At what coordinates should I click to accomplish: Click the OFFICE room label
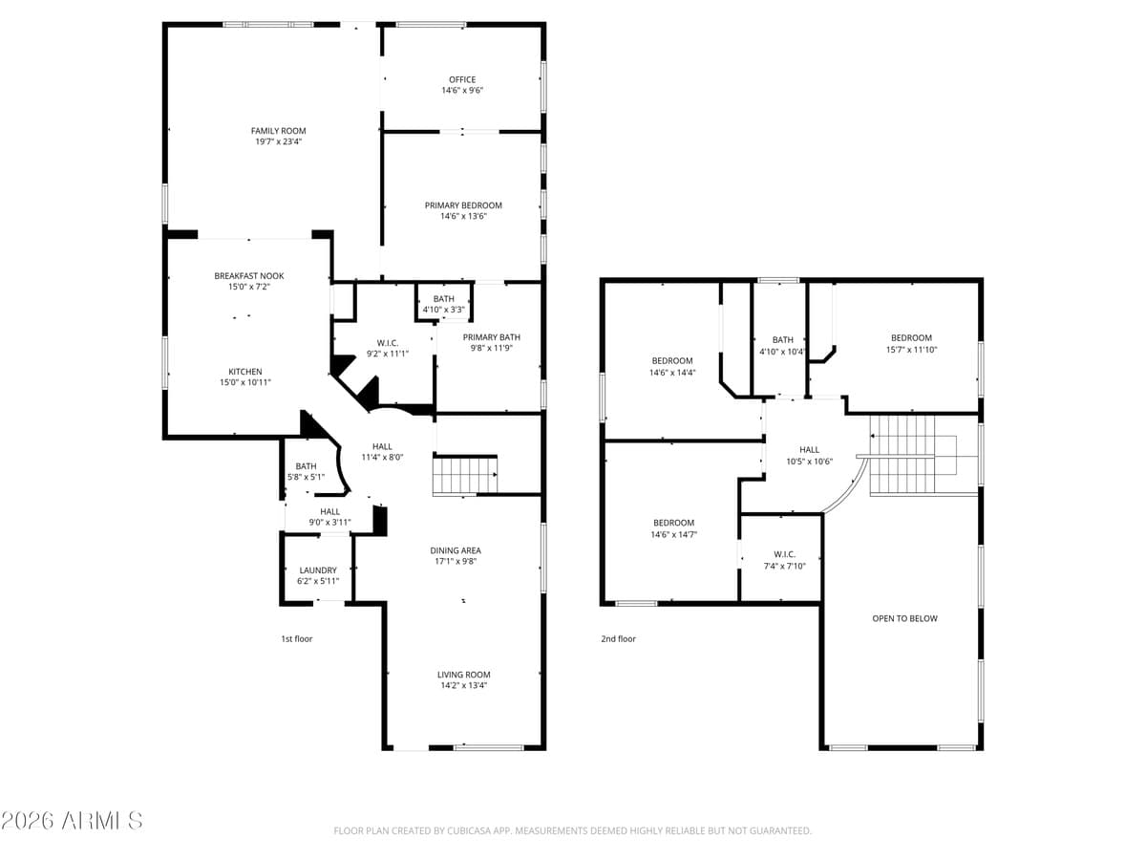pyautogui.click(x=462, y=80)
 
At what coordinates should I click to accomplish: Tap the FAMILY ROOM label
pyautogui.click(x=279, y=131)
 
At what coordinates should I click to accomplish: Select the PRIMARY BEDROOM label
pyautogui.click(x=463, y=205)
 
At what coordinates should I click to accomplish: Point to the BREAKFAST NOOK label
pyautogui.click(x=248, y=276)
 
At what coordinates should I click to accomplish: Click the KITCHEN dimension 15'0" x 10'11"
pyautogui.click(x=245, y=383)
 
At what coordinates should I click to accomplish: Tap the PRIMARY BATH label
pyautogui.click(x=491, y=337)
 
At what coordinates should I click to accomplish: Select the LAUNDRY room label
pyautogui.click(x=318, y=570)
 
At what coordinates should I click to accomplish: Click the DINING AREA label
pyautogui.click(x=456, y=550)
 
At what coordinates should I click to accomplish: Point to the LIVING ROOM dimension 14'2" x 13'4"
pyautogui.click(x=463, y=686)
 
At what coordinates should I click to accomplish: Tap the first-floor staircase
pyautogui.click(x=465, y=476)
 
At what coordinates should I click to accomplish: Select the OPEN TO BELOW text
pyautogui.click(x=904, y=618)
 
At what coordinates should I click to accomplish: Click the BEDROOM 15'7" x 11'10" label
pyautogui.click(x=911, y=338)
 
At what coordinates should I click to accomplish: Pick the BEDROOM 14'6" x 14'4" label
pyautogui.click(x=672, y=361)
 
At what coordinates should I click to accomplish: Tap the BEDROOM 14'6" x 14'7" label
pyautogui.click(x=673, y=523)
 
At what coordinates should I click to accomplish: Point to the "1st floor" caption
pyautogui.click(x=296, y=638)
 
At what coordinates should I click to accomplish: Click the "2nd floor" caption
pyautogui.click(x=618, y=638)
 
